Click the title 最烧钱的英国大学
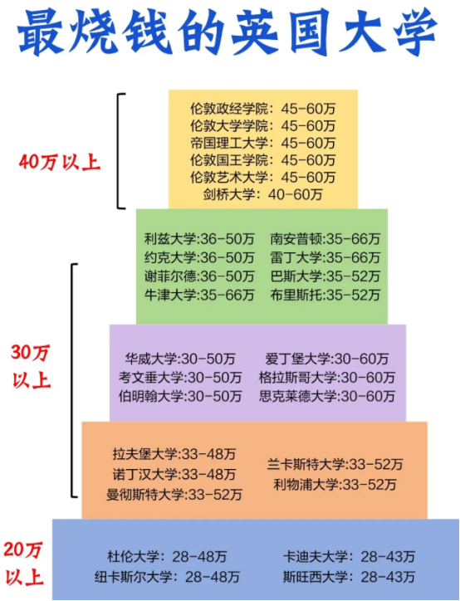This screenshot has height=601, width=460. pyautogui.click(x=228, y=32)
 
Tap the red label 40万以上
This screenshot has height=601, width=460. pyautogui.click(x=60, y=162)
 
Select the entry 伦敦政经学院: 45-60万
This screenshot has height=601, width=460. pyautogui.click(x=263, y=109)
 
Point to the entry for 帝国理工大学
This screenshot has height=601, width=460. pyautogui.click(x=263, y=143)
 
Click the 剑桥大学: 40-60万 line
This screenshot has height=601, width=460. pyautogui.click(x=263, y=195)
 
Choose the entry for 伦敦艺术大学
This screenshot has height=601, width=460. pyautogui.click(x=263, y=178)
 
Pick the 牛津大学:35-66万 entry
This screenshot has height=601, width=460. pyautogui.click(x=199, y=296)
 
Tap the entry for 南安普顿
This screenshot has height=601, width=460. pyautogui.click(x=325, y=239)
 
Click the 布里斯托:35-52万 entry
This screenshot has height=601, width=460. pyautogui.click(x=325, y=296)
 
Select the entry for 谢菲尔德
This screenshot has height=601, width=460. pyautogui.click(x=199, y=276)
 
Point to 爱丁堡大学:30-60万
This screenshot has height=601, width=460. pyautogui.click(x=327, y=359)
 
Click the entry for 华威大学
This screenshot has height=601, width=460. pyautogui.click(x=180, y=359)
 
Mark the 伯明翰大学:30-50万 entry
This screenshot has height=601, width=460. pyautogui.click(x=180, y=396)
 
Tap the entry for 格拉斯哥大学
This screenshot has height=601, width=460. pyautogui.click(x=327, y=378)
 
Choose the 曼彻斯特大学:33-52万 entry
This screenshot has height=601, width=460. pyautogui.click(x=174, y=495)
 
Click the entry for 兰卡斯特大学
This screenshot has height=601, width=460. pyautogui.click(x=335, y=465)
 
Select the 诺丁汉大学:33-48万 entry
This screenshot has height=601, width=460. pyautogui.click(x=174, y=475)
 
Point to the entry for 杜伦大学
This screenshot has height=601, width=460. pyautogui.click(x=167, y=556)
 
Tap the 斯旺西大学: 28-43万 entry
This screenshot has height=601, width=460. pyautogui.click(x=350, y=577)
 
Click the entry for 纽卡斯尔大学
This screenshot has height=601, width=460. pyautogui.click(x=167, y=577)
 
